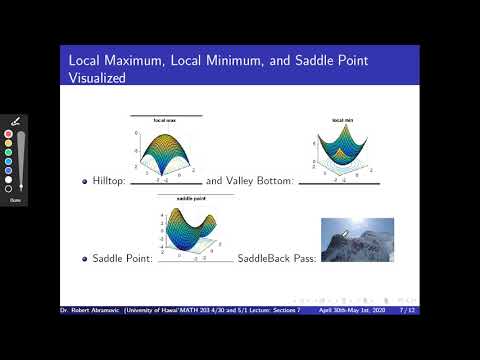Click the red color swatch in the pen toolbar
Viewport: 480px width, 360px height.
[9, 134]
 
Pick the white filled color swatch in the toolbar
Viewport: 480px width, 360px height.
[9, 179]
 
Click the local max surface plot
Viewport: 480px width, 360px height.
[165, 150]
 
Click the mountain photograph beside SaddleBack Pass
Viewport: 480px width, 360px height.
[357, 240]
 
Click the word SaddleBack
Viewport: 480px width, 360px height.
[262, 259]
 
